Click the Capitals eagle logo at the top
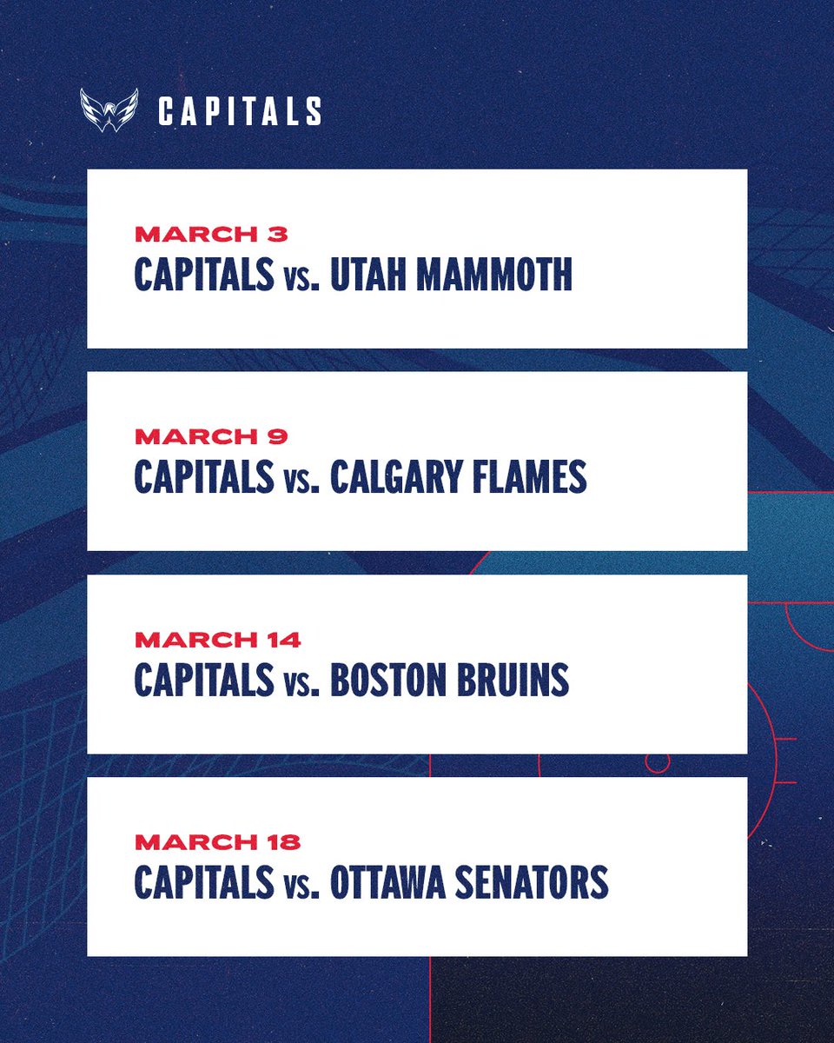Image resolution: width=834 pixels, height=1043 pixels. [109, 110]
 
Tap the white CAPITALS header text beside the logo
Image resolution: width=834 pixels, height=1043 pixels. [240, 111]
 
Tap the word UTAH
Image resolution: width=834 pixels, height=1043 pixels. [366, 274]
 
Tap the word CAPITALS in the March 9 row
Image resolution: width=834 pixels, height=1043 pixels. [203, 477]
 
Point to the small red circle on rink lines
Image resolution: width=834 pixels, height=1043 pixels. [658, 762]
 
